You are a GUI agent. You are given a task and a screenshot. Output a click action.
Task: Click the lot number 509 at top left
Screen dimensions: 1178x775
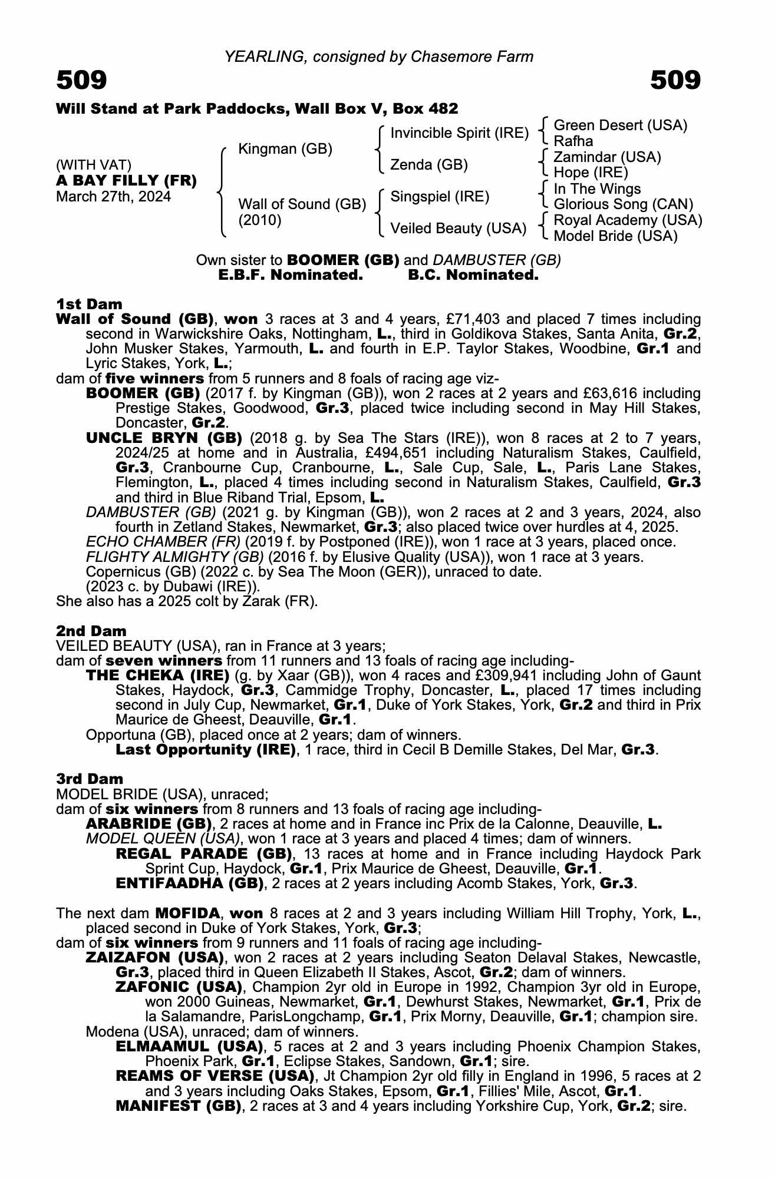pos(82,80)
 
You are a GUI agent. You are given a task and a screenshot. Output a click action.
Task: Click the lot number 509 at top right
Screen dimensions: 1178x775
pos(675,80)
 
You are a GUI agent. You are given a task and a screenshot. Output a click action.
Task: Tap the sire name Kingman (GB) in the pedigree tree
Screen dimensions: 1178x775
pos(285,149)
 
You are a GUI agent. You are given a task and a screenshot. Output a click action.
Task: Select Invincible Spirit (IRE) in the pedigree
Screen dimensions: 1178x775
pos(460,133)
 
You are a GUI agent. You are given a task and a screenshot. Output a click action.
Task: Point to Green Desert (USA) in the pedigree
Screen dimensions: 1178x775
pos(621,125)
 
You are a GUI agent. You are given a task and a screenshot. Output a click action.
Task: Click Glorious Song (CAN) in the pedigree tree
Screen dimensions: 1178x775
pos(624,204)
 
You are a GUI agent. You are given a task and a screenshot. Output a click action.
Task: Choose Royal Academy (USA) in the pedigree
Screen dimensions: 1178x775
pos(628,220)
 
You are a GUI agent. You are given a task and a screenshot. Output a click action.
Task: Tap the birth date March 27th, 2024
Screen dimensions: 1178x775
pos(114,196)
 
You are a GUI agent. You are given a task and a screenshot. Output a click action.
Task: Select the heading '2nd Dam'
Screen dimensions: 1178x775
pos(91,631)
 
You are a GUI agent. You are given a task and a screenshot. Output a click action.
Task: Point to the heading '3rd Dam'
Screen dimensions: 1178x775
pos(90,779)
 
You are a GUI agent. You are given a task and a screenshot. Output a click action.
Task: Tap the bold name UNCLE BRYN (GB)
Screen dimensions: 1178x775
pos(164,438)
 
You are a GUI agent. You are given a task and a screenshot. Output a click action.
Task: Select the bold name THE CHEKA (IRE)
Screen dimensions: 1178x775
pos(157,676)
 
